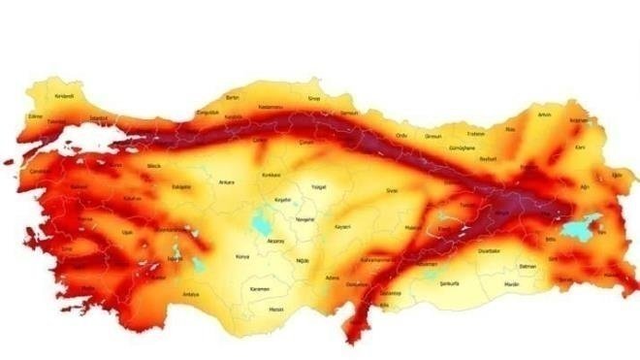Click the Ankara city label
tap(228, 182)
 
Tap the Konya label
tap(241, 257)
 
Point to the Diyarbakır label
tap(488, 250)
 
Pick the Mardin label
tap(511, 283)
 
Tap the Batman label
tap(528, 266)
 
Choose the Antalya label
tap(190, 294)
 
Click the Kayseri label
tap(341, 226)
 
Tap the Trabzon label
tap(475, 134)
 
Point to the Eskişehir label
tap(180, 186)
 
